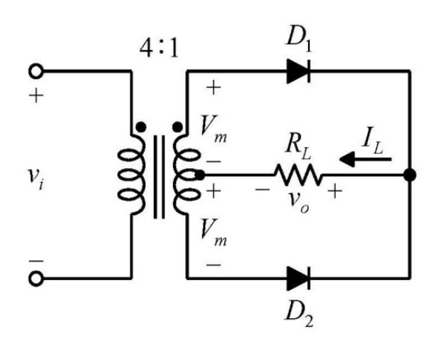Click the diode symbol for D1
[298, 71]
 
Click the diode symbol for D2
[298, 279]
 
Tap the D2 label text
[298, 317]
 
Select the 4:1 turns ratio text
[159, 48]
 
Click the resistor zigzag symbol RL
[298, 175]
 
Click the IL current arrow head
[346, 159]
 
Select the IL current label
[372, 143]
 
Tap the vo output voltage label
[299, 202]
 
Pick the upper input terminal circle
[36, 71]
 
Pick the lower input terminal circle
[36, 279]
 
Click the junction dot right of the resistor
[410, 175]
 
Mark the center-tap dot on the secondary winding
[199, 175]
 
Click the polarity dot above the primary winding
[141, 127]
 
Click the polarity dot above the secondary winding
[177, 127]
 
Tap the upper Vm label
[213, 129]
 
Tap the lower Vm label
[213, 233]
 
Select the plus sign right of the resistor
[335, 191]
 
